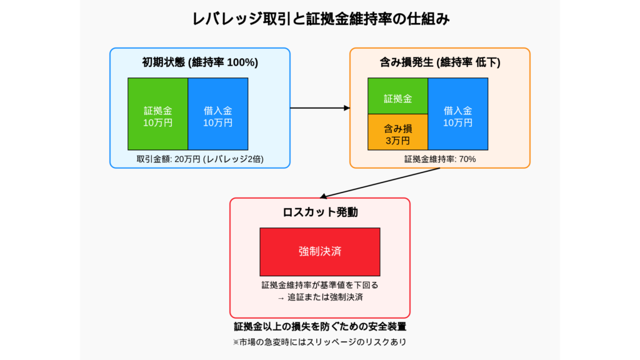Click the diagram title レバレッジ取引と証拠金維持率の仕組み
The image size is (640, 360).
321,19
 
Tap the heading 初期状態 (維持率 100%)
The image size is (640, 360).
200,62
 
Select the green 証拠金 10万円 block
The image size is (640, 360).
158,114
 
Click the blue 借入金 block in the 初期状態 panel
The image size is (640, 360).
218,114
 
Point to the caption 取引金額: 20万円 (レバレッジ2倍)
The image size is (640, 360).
200,159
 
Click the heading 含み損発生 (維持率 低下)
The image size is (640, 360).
440,62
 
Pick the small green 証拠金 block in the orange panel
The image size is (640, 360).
398,96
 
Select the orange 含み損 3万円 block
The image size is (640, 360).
398,132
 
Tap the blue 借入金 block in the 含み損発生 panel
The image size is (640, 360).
458,114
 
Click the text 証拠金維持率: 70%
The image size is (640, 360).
440,159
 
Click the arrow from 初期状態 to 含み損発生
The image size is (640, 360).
320,108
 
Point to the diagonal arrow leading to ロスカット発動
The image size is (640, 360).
380,183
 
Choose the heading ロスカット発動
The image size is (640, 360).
320,212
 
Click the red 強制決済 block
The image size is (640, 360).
320,252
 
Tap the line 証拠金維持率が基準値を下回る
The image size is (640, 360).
320,285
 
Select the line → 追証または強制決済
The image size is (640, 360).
320,297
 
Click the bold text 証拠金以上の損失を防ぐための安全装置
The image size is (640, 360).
320,326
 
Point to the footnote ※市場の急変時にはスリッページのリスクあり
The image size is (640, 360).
320,342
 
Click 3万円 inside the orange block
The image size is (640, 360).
398,141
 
